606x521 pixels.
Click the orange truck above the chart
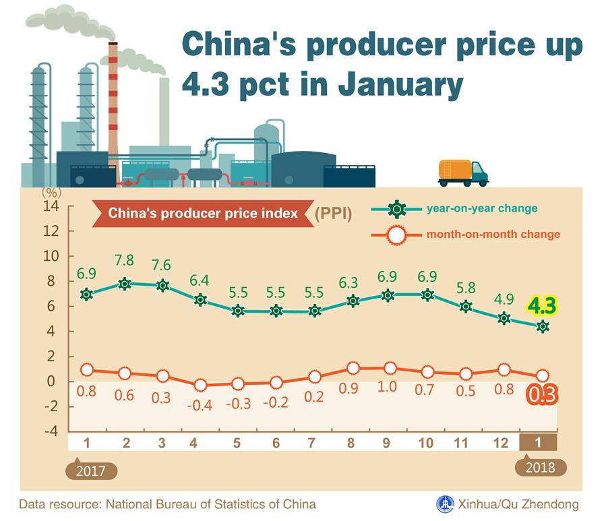[462, 173]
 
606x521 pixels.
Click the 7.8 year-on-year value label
[124, 260]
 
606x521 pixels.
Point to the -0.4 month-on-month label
[200, 405]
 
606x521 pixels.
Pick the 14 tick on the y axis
[51, 206]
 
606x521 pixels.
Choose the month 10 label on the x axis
[425, 442]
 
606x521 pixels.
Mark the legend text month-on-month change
[493, 235]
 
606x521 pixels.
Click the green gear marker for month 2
[124, 284]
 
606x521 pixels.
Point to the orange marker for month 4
[200, 385]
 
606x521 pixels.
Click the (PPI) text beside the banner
[334, 214]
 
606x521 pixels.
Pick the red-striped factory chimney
[113, 108]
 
